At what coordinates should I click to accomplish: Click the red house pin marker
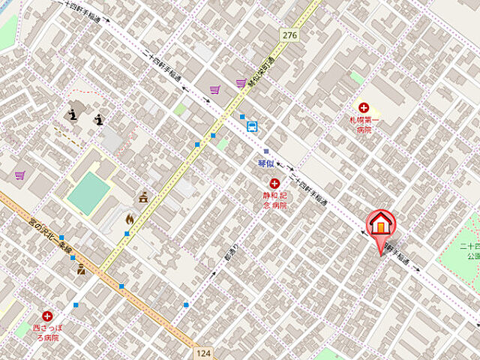(x=380, y=223)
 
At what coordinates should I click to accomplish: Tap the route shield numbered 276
(x=289, y=34)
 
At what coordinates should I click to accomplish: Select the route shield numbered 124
(x=200, y=352)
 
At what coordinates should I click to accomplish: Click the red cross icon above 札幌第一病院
(x=364, y=108)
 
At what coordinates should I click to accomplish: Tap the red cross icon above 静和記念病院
(x=274, y=183)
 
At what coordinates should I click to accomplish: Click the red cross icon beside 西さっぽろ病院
(x=48, y=316)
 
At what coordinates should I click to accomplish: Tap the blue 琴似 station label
(x=265, y=163)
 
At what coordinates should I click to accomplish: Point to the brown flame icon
(x=129, y=220)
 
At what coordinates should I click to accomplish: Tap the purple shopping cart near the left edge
(x=20, y=175)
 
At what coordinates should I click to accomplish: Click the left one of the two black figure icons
(x=73, y=114)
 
